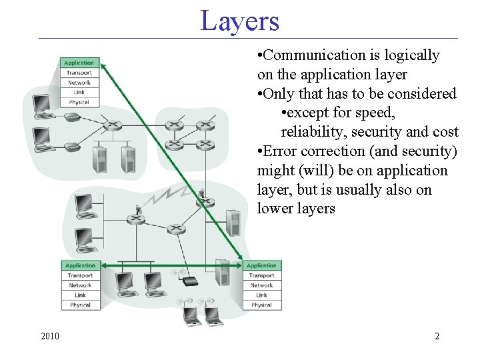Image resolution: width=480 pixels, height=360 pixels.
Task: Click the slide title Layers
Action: click(240, 21)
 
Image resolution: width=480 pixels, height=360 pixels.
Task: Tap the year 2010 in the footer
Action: click(50, 336)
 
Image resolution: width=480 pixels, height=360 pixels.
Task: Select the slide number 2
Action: click(437, 336)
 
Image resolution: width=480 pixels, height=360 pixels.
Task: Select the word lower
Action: click(275, 209)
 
